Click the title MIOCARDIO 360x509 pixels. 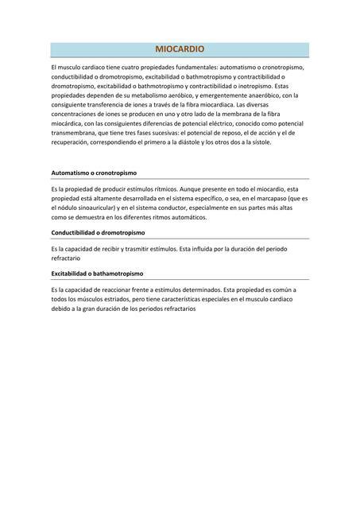(180, 49)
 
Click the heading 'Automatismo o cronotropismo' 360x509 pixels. (94, 173)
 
